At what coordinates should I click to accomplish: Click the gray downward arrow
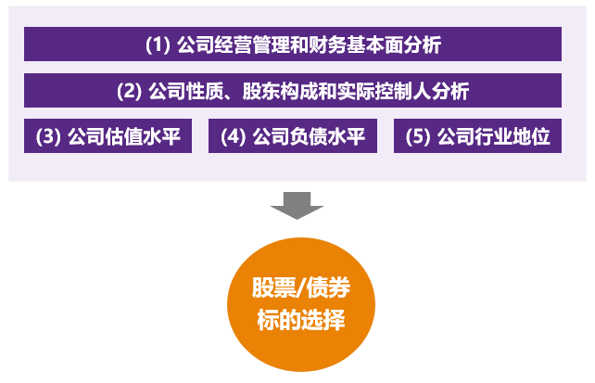coord(297,205)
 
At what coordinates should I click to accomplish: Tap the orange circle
coord(301,304)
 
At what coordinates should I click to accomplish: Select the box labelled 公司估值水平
coord(108,136)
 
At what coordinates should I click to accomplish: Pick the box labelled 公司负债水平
coord(293,136)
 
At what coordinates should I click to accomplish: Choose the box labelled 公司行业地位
coord(477,136)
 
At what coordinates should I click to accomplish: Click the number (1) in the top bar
coord(158,45)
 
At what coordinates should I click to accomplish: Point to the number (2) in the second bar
coord(130,91)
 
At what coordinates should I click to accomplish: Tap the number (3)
coord(48,136)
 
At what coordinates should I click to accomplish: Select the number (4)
coord(233,136)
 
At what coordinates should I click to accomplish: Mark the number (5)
coord(418,136)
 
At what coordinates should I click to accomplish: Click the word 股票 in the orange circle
coord(273,287)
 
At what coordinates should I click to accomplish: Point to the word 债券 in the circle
coord(328,287)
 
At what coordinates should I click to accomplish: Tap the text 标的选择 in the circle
coord(301,320)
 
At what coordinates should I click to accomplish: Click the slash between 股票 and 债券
coord(301,287)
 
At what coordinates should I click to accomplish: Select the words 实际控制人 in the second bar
coord(384,91)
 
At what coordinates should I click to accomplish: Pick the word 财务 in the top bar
coord(327,45)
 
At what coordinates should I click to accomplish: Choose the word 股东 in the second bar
coord(261,91)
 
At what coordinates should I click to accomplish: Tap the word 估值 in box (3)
coord(123,136)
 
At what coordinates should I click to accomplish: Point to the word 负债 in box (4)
coord(309,136)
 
